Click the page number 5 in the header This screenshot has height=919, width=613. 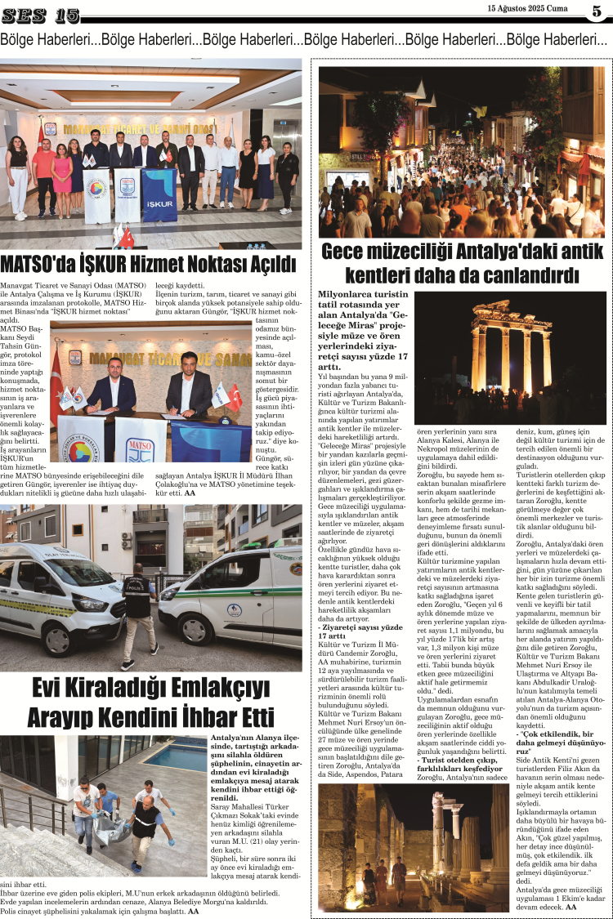coord(596,11)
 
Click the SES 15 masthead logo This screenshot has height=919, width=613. coord(41,14)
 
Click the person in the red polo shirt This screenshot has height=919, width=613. coord(43,172)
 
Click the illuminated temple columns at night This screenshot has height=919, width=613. coord(512,347)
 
